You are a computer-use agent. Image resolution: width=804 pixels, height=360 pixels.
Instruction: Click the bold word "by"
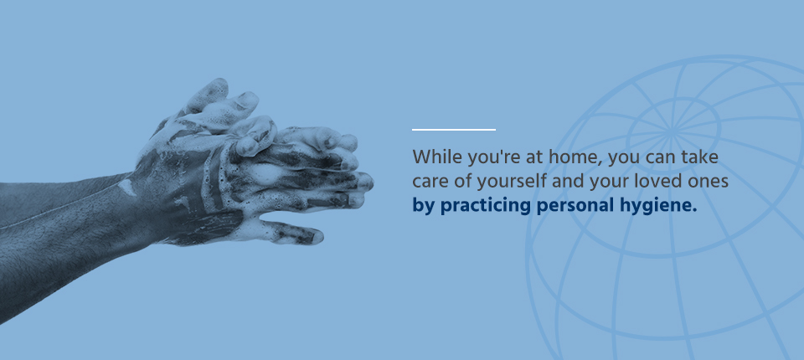424,206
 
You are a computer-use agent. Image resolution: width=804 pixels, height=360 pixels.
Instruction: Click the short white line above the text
454,130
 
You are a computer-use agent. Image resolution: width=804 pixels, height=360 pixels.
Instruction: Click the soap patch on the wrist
127,188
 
